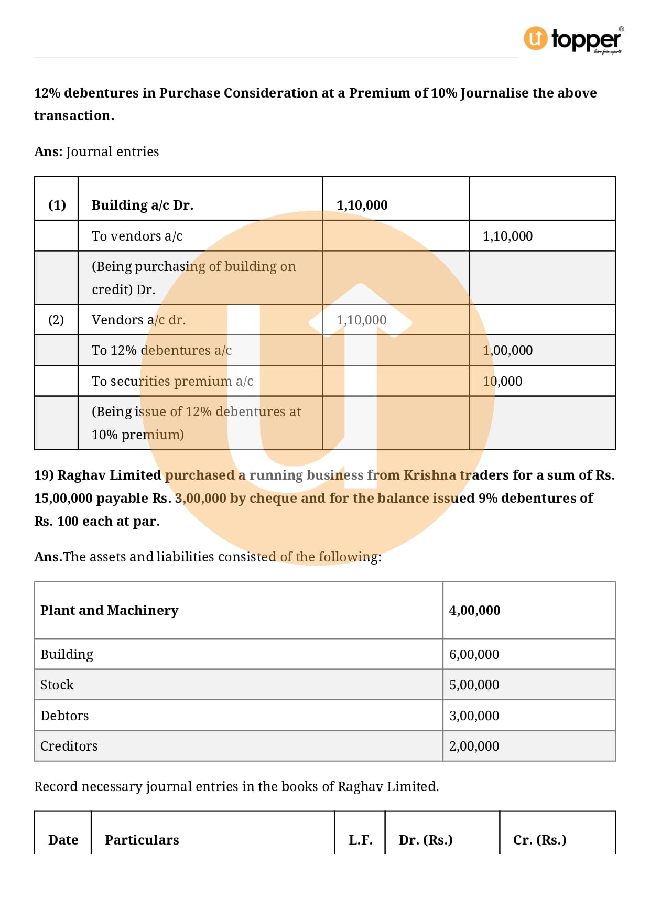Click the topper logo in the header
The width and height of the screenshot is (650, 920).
pyautogui.click(x=573, y=39)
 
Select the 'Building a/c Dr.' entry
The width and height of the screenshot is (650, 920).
pyautogui.click(x=143, y=205)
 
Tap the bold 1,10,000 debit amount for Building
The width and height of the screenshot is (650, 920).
pyautogui.click(x=362, y=205)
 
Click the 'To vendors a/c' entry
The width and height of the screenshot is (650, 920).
pyautogui.click(x=137, y=236)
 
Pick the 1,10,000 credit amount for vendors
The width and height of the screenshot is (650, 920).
pyautogui.click(x=507, y=236)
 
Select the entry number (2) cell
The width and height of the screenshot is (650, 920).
pyautogui.click(x=56, y=320)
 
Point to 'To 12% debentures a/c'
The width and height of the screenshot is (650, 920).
pyautogui.click(x=161, y=350)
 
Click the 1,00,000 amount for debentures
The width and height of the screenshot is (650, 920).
pyautogui.click(x=507, y=350)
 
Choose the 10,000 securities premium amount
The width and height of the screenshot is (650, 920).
pyautogui.click(x=502, y=381)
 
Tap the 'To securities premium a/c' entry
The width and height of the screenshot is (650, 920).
pyautogui.click(x=172, y=381)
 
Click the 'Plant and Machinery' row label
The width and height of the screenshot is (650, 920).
pyautogui.click(x=109, y=610)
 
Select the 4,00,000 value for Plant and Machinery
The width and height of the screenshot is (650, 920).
pyautogui.click(x=474, y=610)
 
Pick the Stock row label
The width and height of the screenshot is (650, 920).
pyautogui.click(x=57, y=685)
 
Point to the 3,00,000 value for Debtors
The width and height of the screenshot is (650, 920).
pyautogui.click(x=474, y=716)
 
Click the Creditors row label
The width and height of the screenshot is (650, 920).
pyautogui.click(x=69, y=746)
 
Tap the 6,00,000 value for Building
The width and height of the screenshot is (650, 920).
pyautogui.click(x=474, y=654)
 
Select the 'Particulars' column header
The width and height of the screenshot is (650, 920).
pyautogui.click(x=142, y=840)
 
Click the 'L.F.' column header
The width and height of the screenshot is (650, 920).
pyautogui.click(x=360, y=840)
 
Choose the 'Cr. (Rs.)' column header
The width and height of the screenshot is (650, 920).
pyautogui.click(x=539, y=840)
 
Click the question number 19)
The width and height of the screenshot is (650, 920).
pyautogui.click(x=44, y=475)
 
